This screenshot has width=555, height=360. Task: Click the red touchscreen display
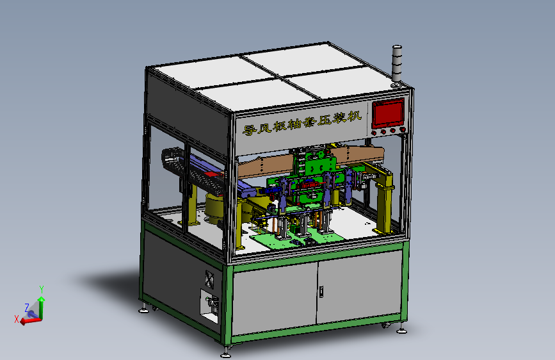pos(388,113)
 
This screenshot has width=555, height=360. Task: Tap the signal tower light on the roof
pos(397,66)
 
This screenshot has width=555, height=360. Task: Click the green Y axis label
pos(42,289)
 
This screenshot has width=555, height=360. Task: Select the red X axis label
pos(16,319)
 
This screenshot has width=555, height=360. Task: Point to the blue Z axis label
pos(27,307)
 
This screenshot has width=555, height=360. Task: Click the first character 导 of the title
pos(249,129)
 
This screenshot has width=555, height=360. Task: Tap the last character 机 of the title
pos(354,116)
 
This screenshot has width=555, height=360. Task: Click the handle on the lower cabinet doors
pos(321,291)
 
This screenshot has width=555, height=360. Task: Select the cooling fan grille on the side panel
pos(210,279)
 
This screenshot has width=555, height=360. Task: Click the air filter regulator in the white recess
pos(213,304)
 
